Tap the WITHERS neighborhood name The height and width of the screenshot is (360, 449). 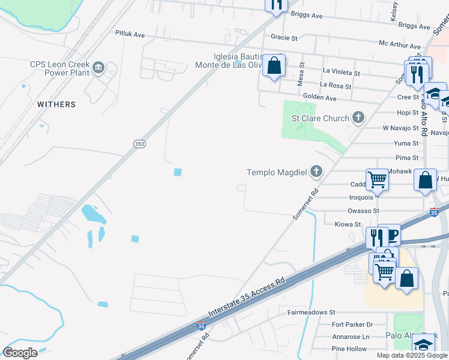coord(56,104)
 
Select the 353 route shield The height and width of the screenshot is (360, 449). coord(139,143)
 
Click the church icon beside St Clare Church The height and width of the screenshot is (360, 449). coord(358,118)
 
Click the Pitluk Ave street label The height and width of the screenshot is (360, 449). coord(130,35)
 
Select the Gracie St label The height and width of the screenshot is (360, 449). coord(284,37)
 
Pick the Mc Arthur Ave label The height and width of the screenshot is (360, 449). coord(400,45)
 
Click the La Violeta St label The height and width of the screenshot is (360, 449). coord(341,71)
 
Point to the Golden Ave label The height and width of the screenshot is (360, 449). coord(319,97)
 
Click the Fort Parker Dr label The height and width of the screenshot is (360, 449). coord(352,325)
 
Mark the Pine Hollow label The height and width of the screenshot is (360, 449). coord(349,349)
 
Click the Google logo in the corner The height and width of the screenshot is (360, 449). coord(20,352)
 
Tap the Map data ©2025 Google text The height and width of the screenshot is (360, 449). coord(411,355)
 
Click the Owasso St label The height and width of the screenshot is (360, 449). coord(363,211)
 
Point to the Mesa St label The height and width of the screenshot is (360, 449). coord(303,74)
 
